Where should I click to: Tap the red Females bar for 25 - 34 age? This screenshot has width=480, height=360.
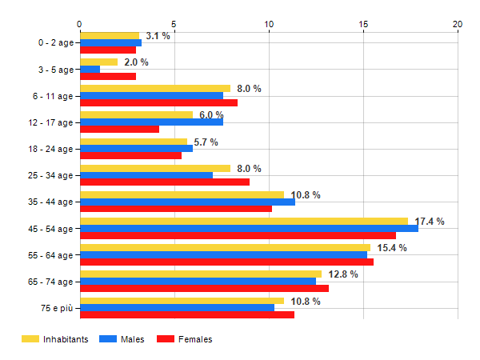tap(165, 182)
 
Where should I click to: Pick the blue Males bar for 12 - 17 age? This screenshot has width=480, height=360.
tap(151, 122)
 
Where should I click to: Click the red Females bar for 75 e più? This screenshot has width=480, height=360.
tap(187, 314)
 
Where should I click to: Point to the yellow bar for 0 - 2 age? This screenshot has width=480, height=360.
tap(110, 36)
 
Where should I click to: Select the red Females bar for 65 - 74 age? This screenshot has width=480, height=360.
tap(204, 288)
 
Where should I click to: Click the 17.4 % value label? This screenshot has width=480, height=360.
tap(430, 222)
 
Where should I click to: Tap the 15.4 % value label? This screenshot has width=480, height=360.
tap(392, 248)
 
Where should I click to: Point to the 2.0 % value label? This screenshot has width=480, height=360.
tap(136, 62)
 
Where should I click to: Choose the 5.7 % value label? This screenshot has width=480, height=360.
tap(206, 142)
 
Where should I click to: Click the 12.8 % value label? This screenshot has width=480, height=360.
tap(342, 274)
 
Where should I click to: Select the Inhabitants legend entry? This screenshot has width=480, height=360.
tap(55, 339)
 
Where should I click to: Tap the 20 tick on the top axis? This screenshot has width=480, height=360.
tap(458, 24)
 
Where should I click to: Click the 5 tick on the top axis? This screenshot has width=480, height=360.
tap(174, 24)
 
